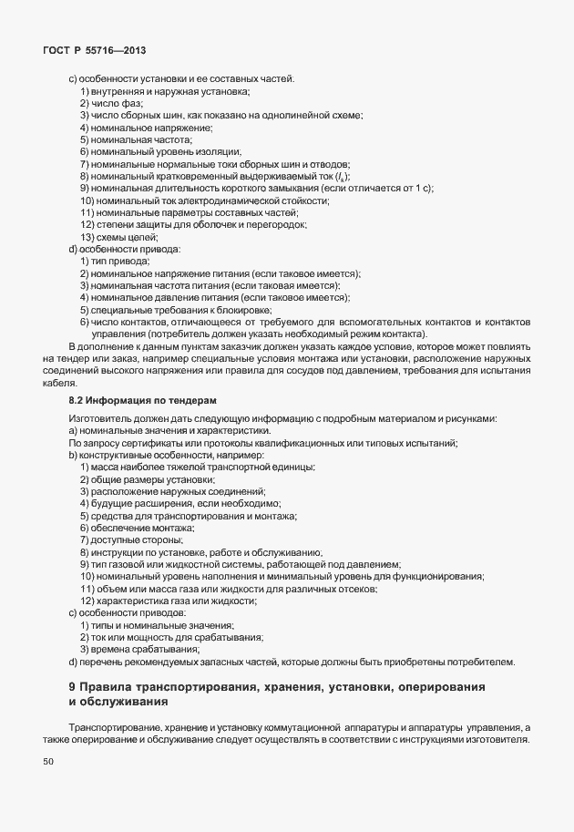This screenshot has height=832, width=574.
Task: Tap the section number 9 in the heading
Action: (x=73, y=685)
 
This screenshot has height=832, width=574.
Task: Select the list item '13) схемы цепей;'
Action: (x=119, y=237)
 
